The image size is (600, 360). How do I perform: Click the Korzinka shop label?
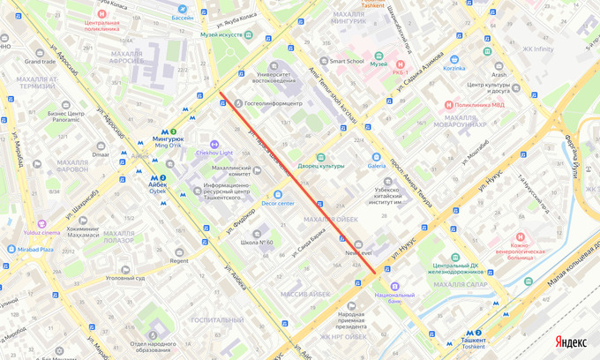(454, 67)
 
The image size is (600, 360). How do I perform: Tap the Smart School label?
(347, 62)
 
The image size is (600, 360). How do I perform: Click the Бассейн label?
(182, 17)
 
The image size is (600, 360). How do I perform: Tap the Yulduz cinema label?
(42, 233)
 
